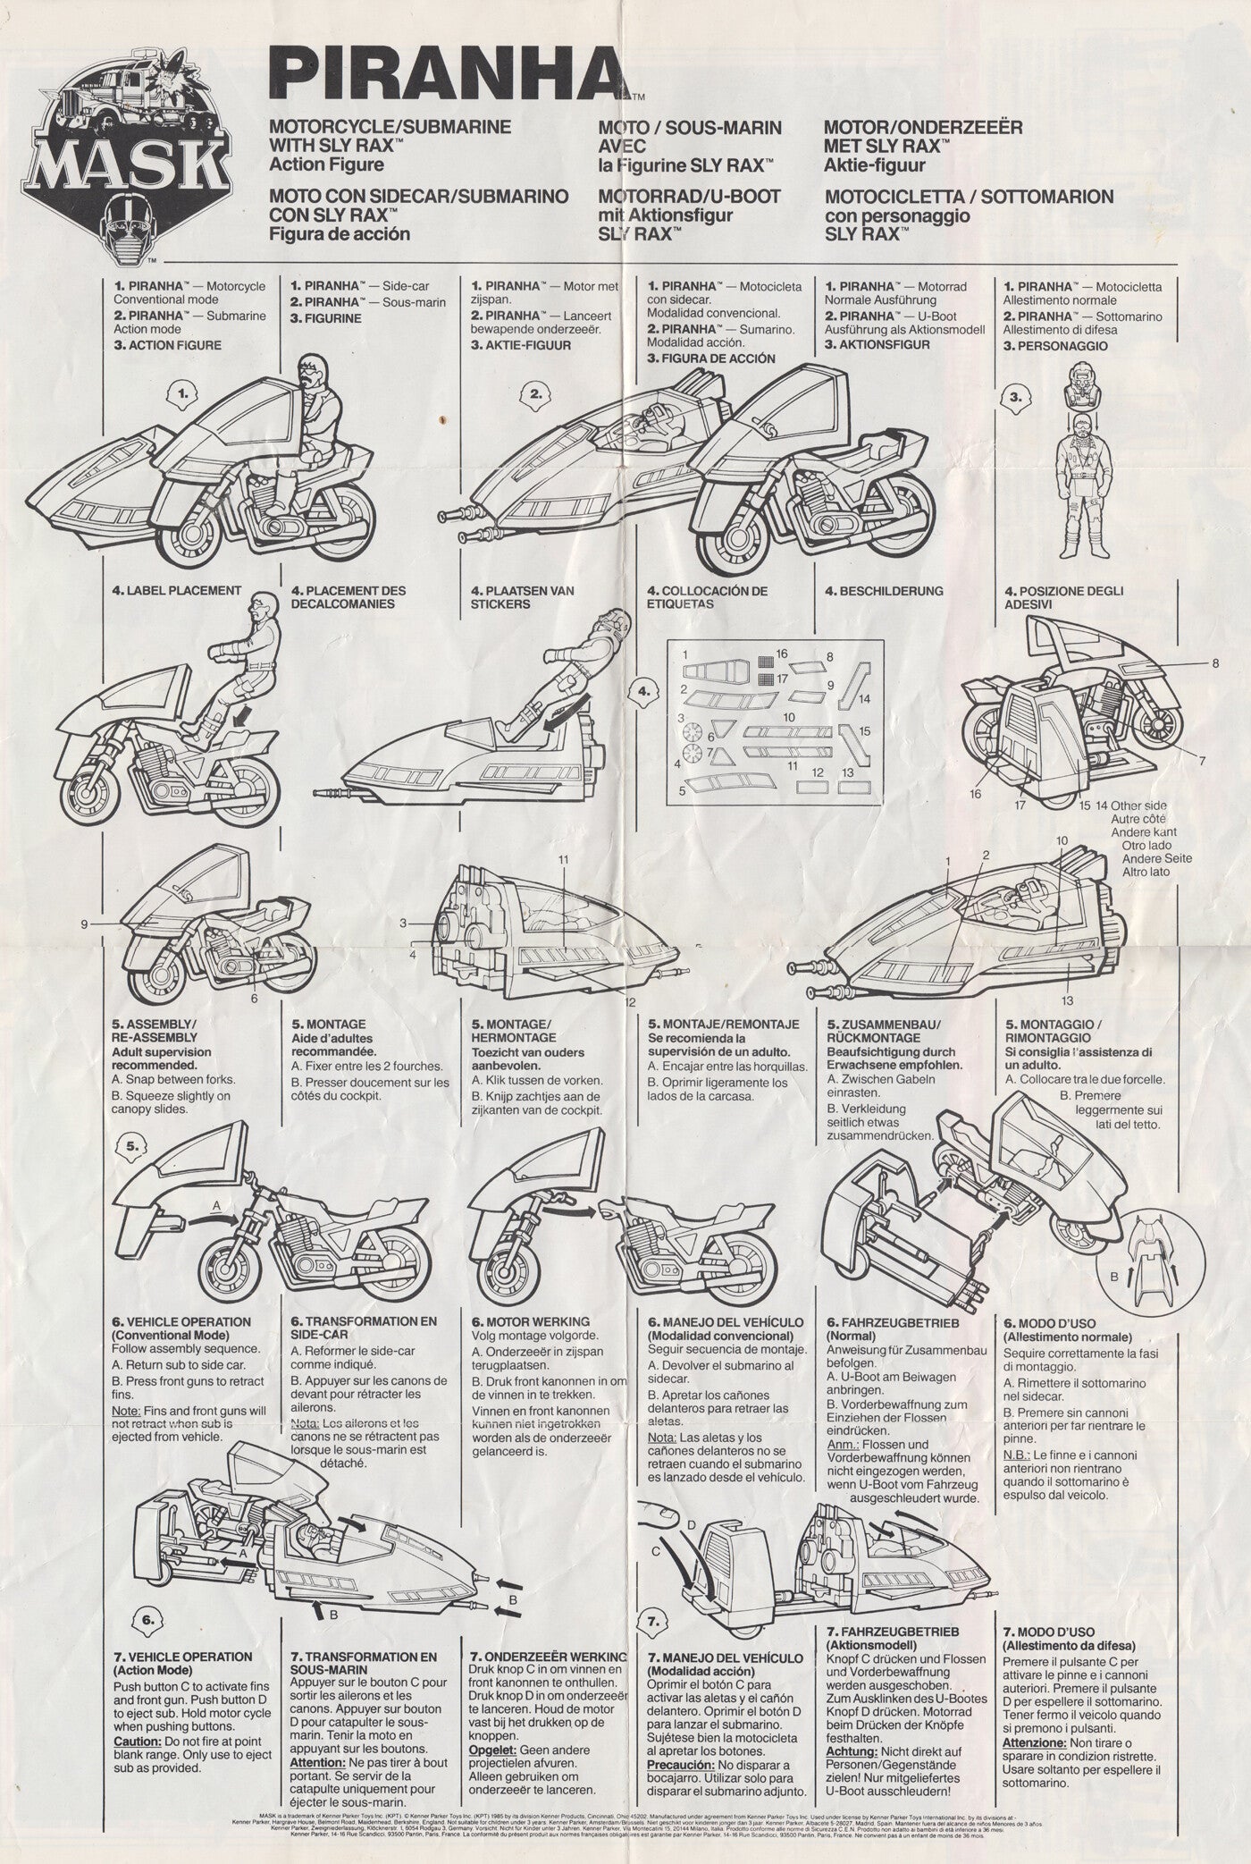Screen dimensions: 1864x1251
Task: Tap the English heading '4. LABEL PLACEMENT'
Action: [177, 591]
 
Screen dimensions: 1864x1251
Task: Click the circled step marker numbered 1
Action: [183, 392]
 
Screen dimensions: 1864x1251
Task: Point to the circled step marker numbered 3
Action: [1014, 399]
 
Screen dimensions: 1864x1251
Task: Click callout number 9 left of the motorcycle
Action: [84, 925]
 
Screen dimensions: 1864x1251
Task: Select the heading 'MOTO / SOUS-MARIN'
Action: [690, 128]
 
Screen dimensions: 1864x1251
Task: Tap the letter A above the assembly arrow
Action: [215, 1204]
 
